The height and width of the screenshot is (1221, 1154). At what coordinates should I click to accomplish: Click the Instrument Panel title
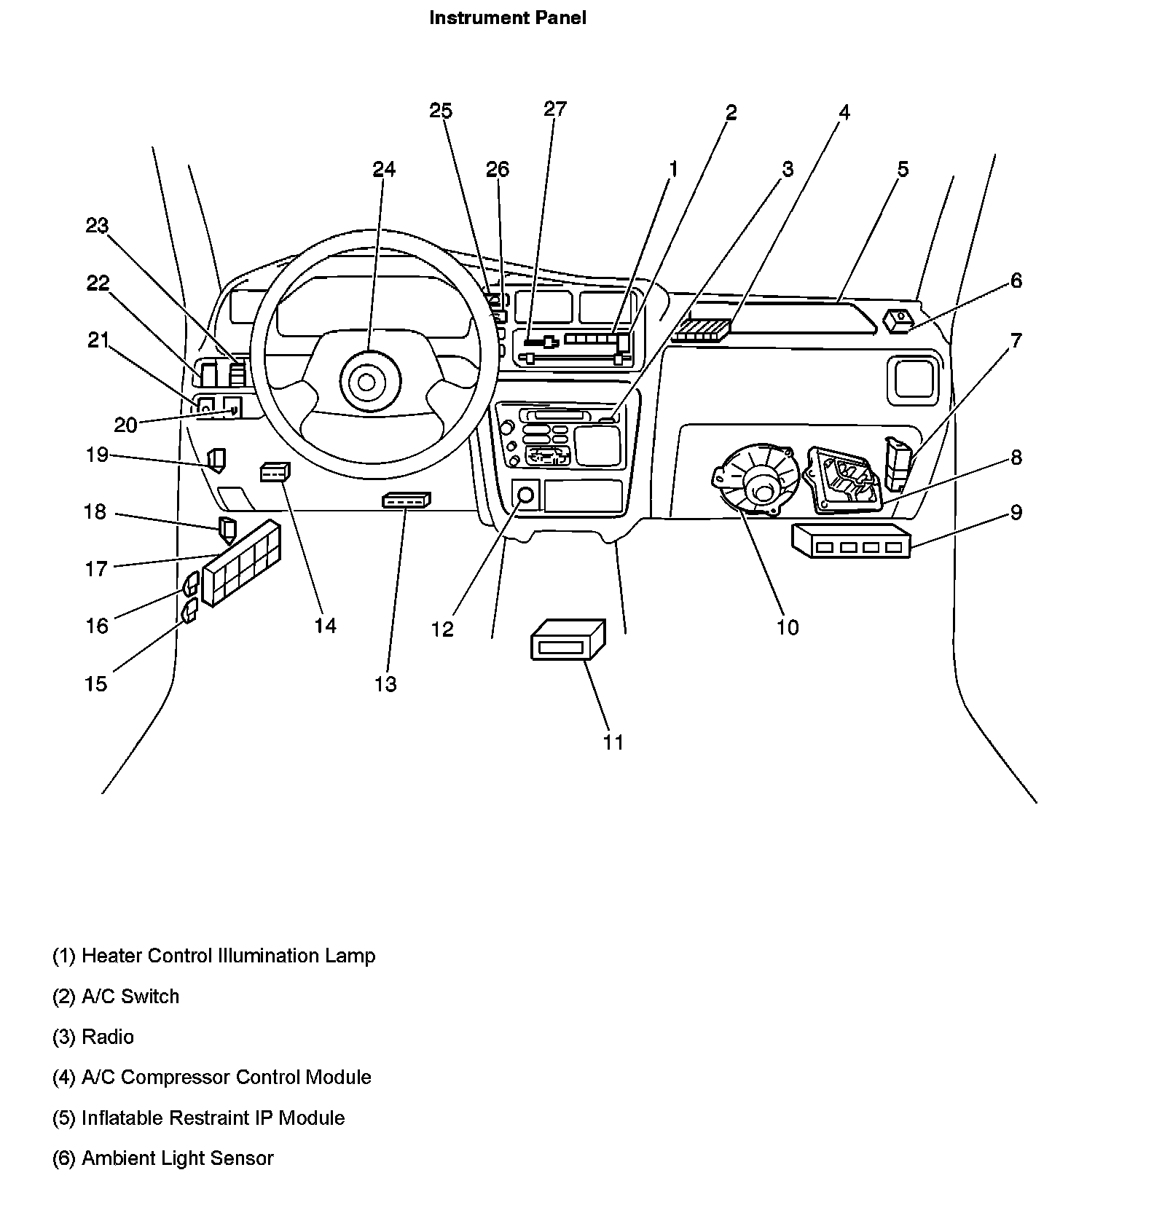[507, 18]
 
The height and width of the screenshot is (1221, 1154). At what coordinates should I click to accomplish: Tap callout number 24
[384, 169]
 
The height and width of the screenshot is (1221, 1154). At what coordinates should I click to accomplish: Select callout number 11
[613, 742]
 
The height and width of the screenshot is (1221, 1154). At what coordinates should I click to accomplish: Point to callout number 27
[555, 109]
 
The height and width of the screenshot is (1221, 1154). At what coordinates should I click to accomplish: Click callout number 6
[1016, 280]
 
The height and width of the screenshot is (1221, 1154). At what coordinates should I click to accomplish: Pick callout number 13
[385, 684]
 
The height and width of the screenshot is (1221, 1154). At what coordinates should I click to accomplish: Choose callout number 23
[97, 226]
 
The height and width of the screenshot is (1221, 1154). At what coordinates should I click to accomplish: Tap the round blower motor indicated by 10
[758, 482]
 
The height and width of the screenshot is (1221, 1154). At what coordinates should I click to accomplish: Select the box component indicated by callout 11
[568, 640]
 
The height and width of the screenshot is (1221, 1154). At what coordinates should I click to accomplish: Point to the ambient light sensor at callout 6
[898, 319]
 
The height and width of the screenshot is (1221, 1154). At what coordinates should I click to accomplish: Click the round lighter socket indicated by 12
[525, 495]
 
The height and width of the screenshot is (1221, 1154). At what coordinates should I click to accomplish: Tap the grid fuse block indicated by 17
[242, 562]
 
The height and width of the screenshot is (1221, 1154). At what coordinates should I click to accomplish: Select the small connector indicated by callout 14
[275, 472]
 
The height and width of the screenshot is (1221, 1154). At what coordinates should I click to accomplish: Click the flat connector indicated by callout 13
[406, 500]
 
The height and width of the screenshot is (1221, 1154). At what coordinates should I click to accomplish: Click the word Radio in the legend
[108, 1037]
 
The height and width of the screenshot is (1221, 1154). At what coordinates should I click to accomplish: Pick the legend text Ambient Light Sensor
[177, 1158]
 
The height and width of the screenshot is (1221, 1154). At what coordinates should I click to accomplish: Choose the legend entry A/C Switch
[130, 997]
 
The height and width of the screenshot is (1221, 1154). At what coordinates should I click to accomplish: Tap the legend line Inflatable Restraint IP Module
[213, 1118]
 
